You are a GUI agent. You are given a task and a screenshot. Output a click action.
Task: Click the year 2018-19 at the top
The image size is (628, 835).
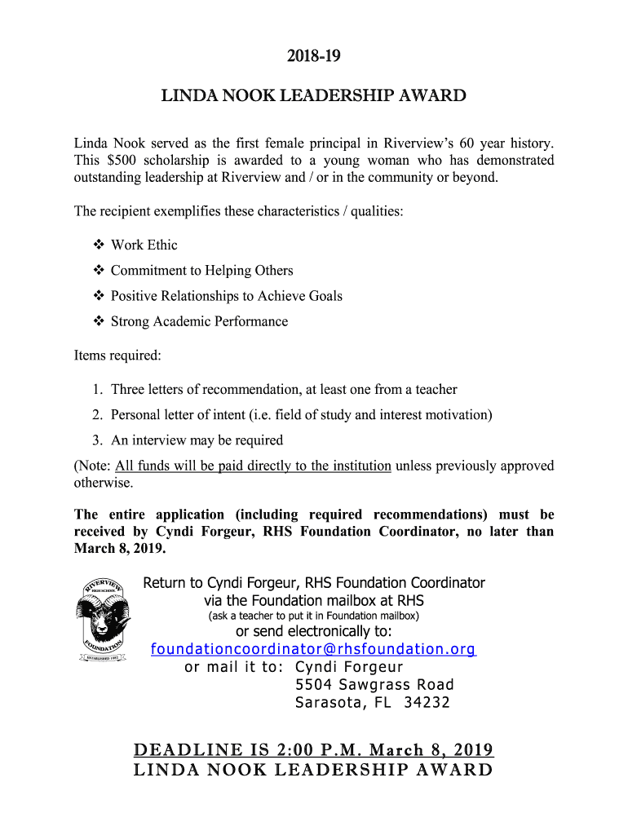click(313, 56)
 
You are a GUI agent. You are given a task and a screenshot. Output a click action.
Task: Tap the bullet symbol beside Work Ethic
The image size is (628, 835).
click(99, 245)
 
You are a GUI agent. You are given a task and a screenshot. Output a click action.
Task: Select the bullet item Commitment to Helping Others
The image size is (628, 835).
click(201, 271)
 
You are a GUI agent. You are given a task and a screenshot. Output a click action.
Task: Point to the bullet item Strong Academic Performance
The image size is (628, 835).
click(199, 321)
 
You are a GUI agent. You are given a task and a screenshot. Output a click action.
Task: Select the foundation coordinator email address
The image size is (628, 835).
click(313, 649)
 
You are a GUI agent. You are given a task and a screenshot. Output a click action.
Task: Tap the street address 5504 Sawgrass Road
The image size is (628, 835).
click(374, 684)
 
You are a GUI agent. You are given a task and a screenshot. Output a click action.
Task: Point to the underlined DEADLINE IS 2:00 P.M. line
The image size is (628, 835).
click(313, 750)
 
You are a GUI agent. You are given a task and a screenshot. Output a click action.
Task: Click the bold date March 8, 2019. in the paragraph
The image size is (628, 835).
click(120, 548)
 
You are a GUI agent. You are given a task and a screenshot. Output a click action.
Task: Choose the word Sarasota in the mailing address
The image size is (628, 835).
click(325, 702)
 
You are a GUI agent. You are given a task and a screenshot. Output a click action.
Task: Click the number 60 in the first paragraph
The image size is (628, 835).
click(467, 144)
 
